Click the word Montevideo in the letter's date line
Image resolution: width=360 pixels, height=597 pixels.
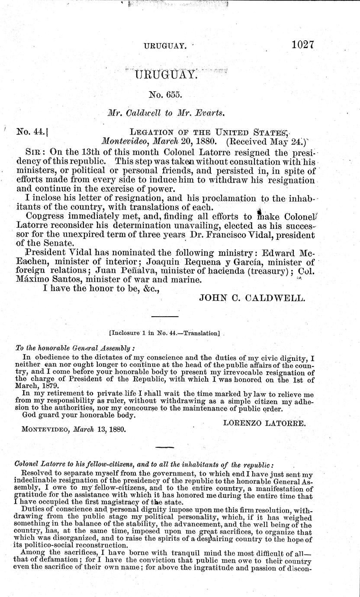click(x=123, y=141)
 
